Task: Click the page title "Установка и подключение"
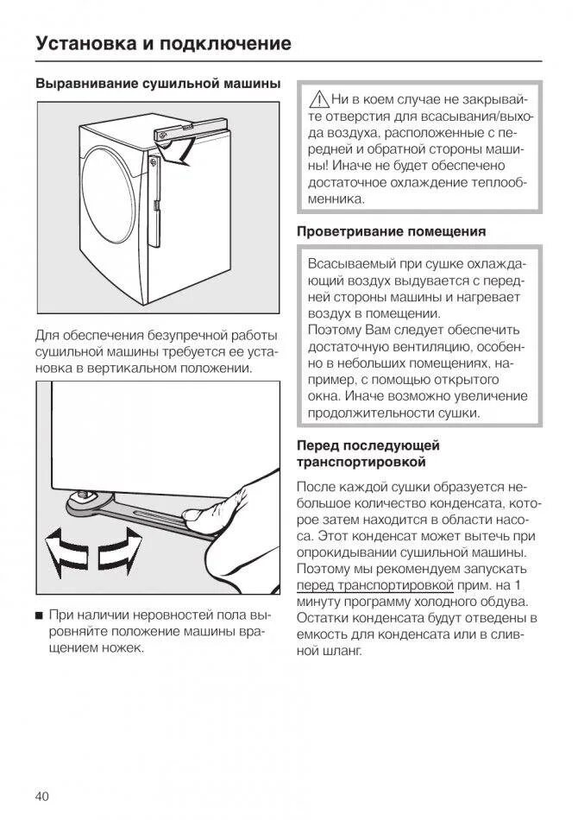coord(163,44)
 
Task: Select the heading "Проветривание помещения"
coord(391,231)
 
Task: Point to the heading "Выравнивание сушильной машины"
coord(157,84)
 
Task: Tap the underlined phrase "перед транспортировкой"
coord(357,584)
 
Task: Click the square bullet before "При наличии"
coord(40,615)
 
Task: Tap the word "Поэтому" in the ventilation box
coord(334,330)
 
